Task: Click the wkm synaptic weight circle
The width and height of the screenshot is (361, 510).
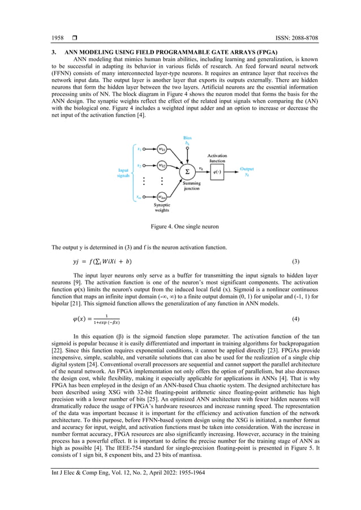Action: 161,197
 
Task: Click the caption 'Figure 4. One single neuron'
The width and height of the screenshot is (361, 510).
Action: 180,227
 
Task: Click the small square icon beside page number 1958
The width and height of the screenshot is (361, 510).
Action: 74,38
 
